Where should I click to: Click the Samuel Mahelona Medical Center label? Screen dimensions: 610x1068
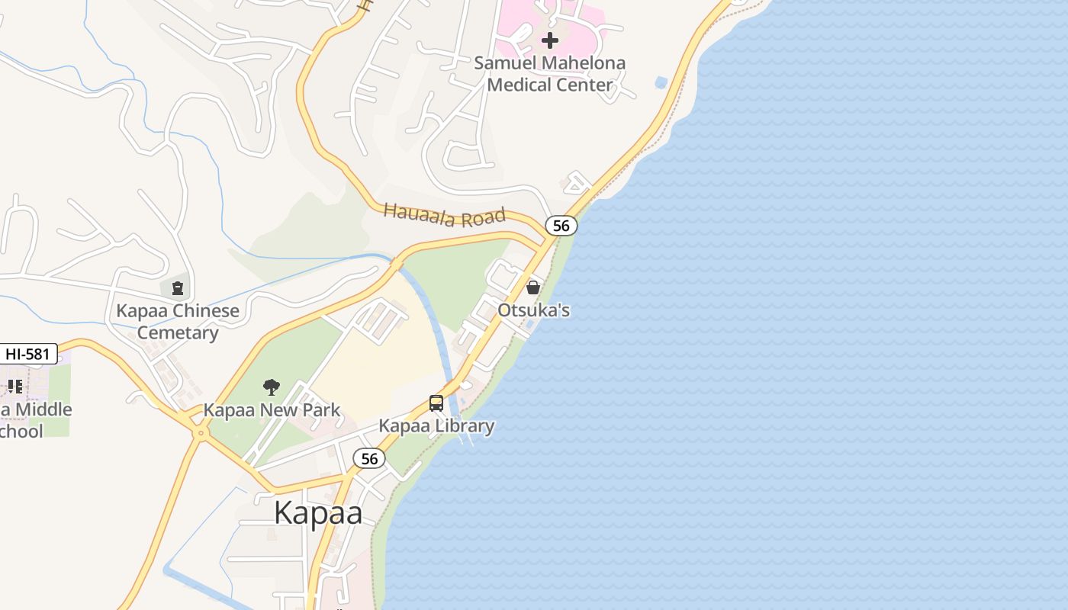coord(549,74)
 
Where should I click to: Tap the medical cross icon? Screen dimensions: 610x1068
coord(549,40)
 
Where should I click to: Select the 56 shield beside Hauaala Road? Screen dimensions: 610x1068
coord(561,226)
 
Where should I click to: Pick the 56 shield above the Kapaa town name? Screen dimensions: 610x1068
coord(369,458)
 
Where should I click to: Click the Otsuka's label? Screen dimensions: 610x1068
coord(533,310)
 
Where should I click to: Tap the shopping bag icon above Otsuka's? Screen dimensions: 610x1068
coord(533,287)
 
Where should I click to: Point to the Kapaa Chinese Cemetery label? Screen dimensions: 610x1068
coord(177,321)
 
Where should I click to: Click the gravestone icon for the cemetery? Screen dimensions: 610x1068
coord(177,287)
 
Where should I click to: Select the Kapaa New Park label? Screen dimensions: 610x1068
coord(272,410)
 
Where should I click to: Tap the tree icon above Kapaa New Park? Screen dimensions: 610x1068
coord(271,387)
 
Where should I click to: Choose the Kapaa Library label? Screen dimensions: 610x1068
coord(436,425)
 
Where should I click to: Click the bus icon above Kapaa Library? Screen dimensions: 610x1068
coord(436,403)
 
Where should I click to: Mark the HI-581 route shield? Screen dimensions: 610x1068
coord(29,354)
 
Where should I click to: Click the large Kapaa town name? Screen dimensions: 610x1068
coord(318,512)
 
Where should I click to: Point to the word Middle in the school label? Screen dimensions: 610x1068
coord(44,409)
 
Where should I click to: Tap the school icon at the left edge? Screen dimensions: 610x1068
coord(14,387)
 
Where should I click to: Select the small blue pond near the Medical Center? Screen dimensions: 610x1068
coord(661,82)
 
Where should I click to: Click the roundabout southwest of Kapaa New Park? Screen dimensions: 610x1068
coord(201,433)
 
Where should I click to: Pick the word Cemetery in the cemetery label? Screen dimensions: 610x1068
coord(177,332)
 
